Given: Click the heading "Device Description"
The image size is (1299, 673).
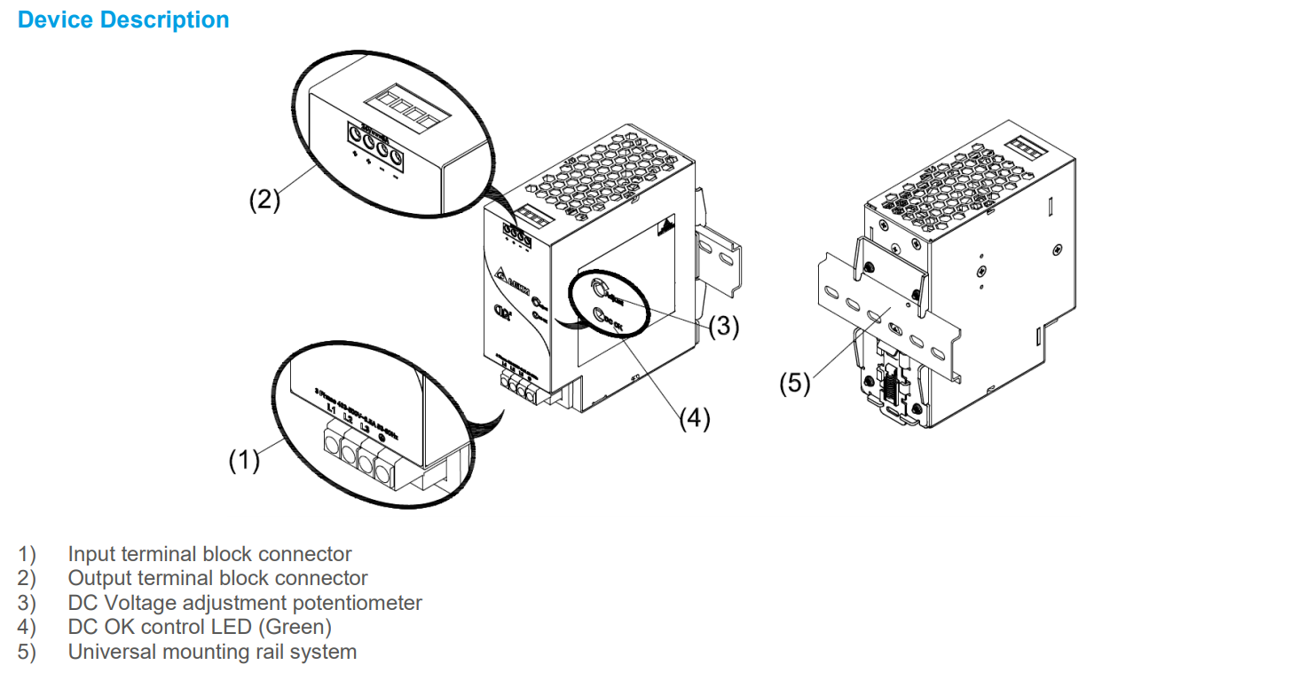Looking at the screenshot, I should [x=123, y=20].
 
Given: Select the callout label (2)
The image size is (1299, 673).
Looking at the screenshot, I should [x=264, y=200].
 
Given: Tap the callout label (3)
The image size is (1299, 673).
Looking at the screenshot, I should [x=723, y=327].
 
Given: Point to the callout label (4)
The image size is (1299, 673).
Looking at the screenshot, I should [x=695, y=418].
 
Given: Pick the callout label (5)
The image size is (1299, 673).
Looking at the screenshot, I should [x=795, y=384].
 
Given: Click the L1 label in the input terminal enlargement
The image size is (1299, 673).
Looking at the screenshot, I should [x=331, y=408].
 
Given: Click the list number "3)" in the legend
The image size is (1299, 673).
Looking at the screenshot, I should [x=27, y=603].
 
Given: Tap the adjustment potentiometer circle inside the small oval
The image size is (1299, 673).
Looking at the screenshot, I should [x=599, y=289].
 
